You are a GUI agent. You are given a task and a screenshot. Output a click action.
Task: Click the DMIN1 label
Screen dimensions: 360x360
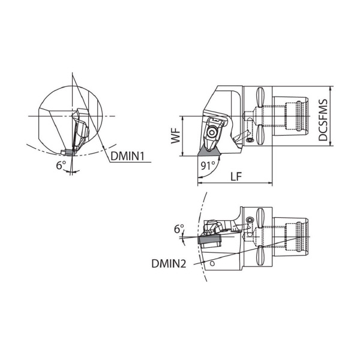coord(127,157)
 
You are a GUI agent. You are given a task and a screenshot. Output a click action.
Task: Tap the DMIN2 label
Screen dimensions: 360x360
coord(169,263)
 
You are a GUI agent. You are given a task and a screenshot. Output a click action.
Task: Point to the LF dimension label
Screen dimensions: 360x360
coord(236,176)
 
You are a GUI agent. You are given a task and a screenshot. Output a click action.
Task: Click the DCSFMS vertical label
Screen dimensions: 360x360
coord(323,120)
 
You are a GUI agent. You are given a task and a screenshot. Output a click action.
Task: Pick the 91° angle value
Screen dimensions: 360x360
coord(208,166)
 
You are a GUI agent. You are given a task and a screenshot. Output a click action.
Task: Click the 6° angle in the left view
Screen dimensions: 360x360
coord(61,165)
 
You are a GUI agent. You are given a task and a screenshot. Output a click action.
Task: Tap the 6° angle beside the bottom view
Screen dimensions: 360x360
coord(179,229)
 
